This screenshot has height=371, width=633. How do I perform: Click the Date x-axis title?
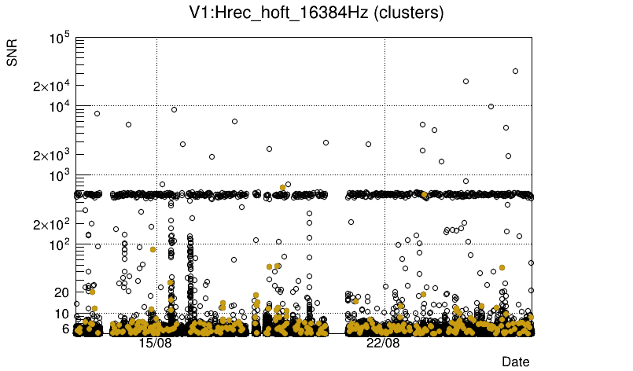click(x=516, y=362)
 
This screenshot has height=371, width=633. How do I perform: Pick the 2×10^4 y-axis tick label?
click(x=52, y=86)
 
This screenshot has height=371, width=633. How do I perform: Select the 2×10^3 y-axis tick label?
click(x=52, y=156)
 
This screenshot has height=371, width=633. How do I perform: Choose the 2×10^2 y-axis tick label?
click(x=52, y=225)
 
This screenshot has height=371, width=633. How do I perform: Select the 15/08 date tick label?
click(x=156, y=343)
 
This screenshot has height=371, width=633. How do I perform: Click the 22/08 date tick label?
click(x=384, y=343)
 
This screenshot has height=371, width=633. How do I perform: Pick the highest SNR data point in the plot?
click(x=515, y=71)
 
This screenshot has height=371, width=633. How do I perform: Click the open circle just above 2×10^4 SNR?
click(x=466, y=81)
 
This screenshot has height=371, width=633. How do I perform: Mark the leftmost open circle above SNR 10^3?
click(x=97, y=113)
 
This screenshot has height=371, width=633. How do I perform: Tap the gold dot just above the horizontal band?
click(x=282, y=187)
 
